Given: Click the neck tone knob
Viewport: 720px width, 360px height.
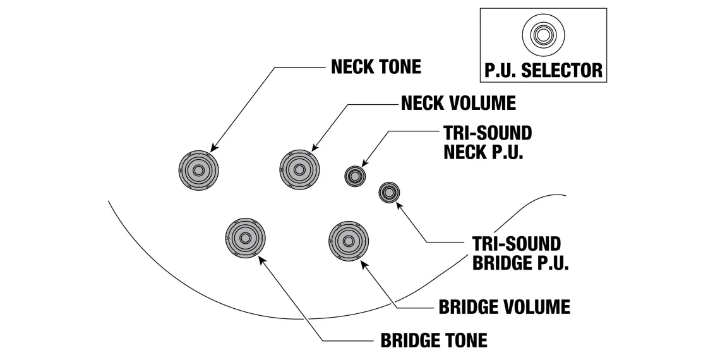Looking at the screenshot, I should (198, 171).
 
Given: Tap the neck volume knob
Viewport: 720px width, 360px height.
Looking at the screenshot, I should (299, 170).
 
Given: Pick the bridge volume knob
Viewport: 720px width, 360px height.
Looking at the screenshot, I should (349, 241).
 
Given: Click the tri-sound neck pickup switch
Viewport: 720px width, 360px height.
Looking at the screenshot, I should (354, 175).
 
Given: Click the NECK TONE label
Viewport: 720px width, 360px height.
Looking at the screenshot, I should (376, 68).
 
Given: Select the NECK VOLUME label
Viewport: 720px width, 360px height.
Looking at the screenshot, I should (458, 102).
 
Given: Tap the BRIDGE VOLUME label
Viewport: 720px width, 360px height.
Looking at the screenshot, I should (504, 307).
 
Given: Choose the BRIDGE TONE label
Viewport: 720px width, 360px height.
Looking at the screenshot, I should (433, 340).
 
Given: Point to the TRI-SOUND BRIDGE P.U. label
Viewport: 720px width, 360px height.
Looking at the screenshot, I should (520, 253).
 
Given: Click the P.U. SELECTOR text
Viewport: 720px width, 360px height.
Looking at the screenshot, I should (543, 70).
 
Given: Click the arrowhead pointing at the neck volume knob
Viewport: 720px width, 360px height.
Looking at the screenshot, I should (314, 149).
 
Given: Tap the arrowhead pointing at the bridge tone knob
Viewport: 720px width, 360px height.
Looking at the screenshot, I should (260, 260).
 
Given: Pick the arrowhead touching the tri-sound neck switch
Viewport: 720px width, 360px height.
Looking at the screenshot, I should (365, 164).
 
